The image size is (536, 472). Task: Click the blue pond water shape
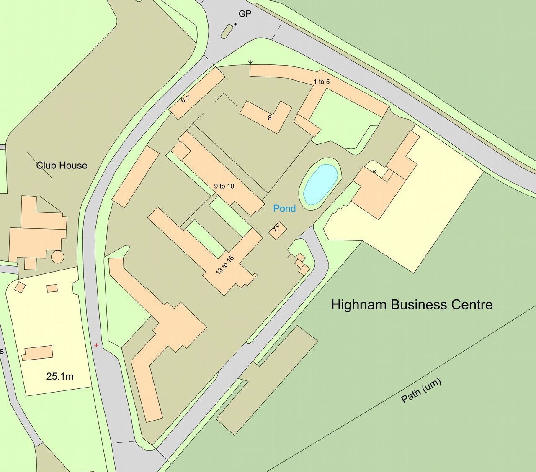(x=320, y=184)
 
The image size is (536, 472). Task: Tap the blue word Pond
(x=284, y=208)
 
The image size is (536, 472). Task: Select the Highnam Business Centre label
(x=412, y=304)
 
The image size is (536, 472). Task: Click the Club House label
(x=62, y=166)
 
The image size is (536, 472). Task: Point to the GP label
(x=245, y=14)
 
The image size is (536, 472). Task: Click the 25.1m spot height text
(x=60, y=376)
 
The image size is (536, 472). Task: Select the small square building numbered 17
(x=277, y=230)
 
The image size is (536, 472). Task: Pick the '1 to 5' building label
(x=322, y=82)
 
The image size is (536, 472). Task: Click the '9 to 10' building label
(x=224, y=186)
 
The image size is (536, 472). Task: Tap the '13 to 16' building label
(x=225, y=265)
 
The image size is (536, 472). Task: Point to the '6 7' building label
(x=186, y=99)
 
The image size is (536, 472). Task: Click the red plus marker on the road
(x=97, y=345)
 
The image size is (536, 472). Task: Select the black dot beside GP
(x=235, y=24)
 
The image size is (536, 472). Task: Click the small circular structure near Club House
(x=57, y=256)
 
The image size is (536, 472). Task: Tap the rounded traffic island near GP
(x=227, y=31)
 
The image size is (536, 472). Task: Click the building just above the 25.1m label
(x=38, y=353)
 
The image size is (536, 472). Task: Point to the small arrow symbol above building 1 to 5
(x=250, y=62)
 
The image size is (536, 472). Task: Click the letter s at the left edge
(x=2, y=351)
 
